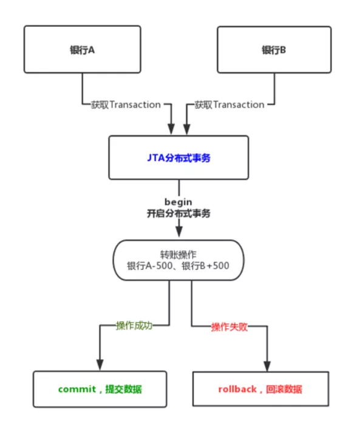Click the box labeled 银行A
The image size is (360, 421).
[82, 50]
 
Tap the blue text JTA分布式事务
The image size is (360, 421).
[178, 157]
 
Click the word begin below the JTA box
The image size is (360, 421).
[178, 201]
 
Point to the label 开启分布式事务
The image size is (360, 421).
[178, 213]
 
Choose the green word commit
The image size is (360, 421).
[77, 389]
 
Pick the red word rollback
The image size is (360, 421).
[237, 389]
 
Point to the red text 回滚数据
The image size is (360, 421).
[284, 389]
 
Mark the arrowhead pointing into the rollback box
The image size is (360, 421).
[267, 366]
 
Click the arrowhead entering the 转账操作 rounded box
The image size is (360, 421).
[178, 232]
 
